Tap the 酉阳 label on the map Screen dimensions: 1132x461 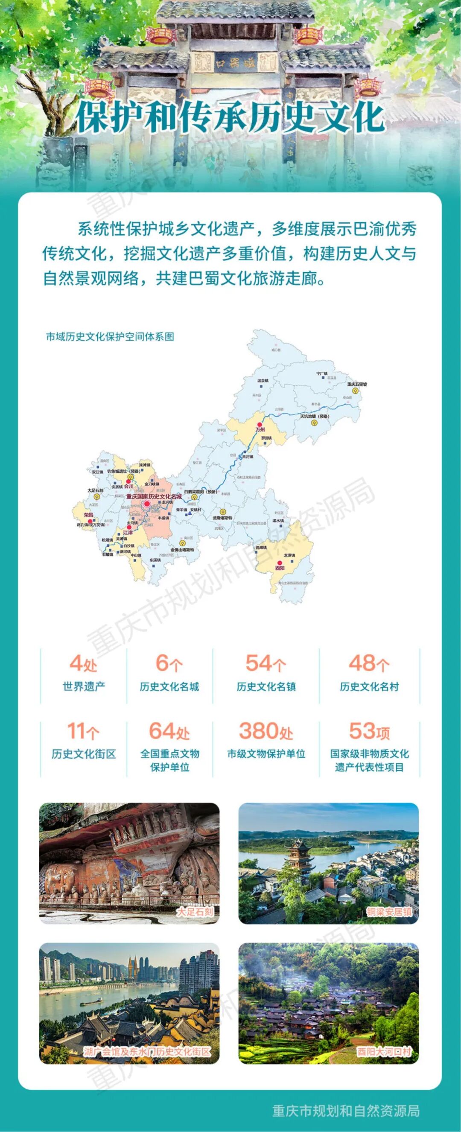point(280,568)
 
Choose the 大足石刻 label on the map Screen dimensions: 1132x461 point(95,490)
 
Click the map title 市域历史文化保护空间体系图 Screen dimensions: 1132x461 point(110,337)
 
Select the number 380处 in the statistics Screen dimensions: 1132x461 point(266,731)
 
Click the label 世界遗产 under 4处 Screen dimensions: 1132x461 point(84,686)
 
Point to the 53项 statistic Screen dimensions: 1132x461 point(369,731)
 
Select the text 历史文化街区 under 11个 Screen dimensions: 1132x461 point(84,754)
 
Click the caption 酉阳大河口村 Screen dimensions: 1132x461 point(384,1051)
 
